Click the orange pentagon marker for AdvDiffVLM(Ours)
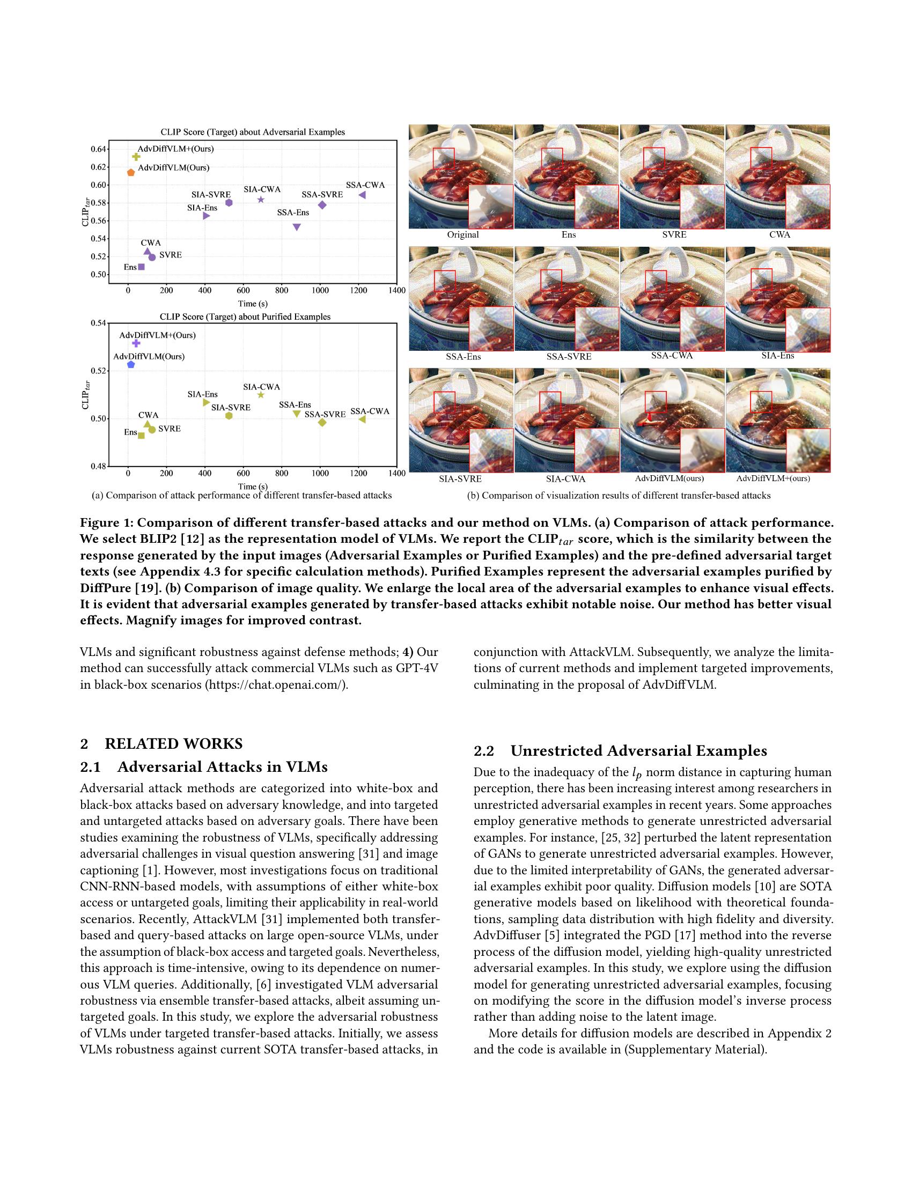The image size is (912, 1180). pyautogui.click(x=131, y=173)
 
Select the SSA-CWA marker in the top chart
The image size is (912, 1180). pyautogui.click(x=363, y=195)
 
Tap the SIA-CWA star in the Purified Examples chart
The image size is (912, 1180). pyautogui.click(x=261, y=395)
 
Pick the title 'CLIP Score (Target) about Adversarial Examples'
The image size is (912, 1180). pyautogui.click(x=252, y=132)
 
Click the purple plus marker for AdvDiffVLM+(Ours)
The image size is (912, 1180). pyautogui.click(x=136, y=343)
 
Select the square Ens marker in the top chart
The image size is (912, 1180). pyautogui.click(x=142, y=267)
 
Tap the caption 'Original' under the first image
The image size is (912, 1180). pyautogui.click(x=462, y=234)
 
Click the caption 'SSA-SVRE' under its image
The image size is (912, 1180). pyautogui.click(x=568, y=357)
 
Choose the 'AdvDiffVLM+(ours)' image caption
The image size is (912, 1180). pyautogui.click(x=773, y=478)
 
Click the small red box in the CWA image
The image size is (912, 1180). pyautogui.click(x=761, y=158)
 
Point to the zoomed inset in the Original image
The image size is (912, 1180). pyautogui.click(x=490, y=206)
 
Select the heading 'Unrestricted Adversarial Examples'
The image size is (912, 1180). pyautogui.click(x=638, y=751)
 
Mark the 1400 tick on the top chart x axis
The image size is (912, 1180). pyautogui.click(x=396, y=291)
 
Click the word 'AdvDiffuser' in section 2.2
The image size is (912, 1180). pyautogui.click(x=504, y=935)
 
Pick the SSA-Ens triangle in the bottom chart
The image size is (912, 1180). pyautogui.click(x=297, y=414)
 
